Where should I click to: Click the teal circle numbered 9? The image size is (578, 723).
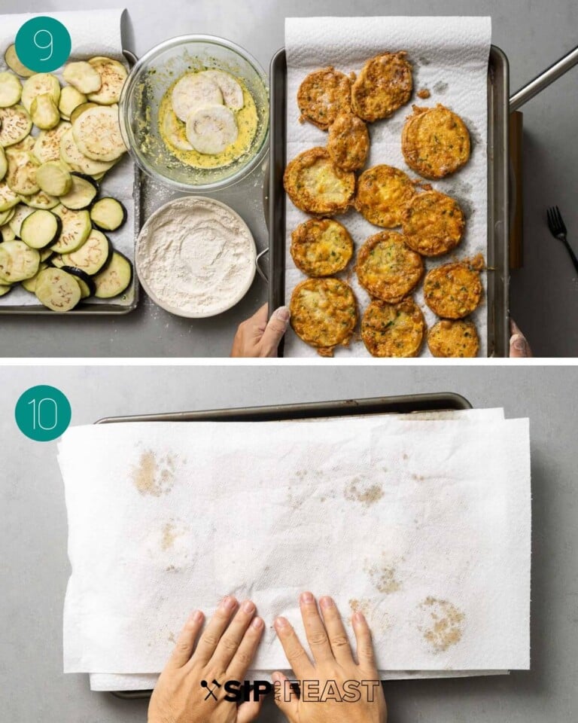(x=43, y=44)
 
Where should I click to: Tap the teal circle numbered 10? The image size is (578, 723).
(x=43, y=413)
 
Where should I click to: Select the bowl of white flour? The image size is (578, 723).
(x=196, y=255)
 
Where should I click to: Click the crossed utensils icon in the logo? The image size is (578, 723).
(x=211, y=689)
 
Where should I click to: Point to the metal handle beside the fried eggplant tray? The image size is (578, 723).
(x=542, y=80)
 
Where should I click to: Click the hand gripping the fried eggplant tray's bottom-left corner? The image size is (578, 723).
(x=260, y=331)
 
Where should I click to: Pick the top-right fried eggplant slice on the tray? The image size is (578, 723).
(x=436, y=141)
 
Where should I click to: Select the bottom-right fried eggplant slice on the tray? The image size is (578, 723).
(x=453, y=338)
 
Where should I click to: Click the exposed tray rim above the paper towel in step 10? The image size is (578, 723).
(x=286, y=411)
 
